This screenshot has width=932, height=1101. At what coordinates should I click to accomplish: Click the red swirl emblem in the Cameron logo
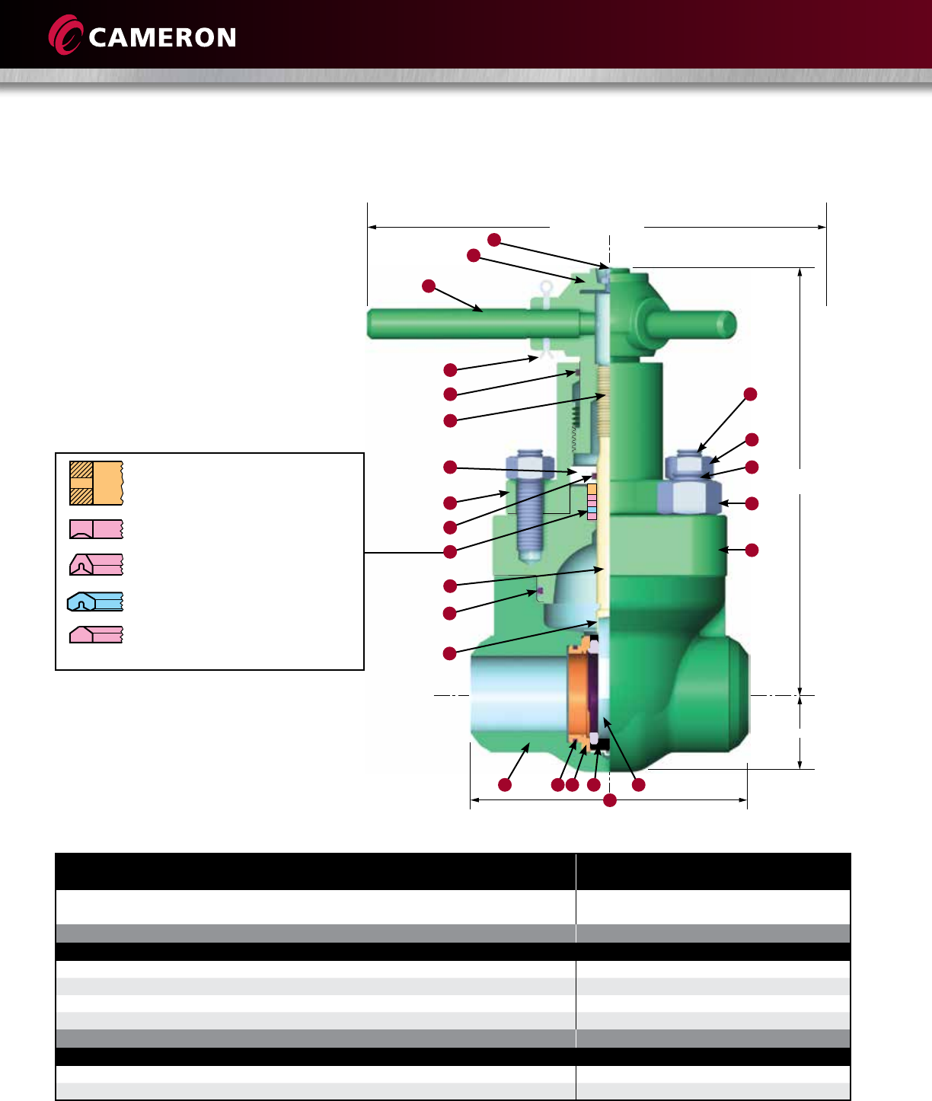coord(65,35)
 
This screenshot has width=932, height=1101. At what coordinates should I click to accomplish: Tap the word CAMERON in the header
coord(162,37)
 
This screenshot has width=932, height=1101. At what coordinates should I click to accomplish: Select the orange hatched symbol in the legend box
coord(97,483)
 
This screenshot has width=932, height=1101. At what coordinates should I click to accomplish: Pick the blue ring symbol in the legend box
coord(95,602)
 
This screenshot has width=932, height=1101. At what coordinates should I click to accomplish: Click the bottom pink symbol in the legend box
coord(97,634)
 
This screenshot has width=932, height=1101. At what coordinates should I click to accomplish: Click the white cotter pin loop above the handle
coord(547,289)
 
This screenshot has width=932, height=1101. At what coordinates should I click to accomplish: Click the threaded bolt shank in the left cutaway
coord(529,519)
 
